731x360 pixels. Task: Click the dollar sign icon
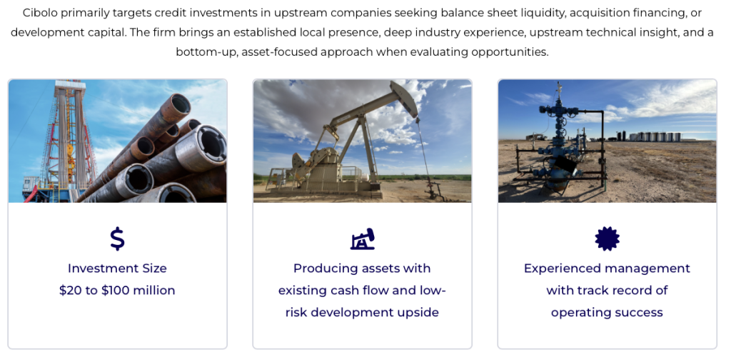point(117,239)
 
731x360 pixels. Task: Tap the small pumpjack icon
point(363,239)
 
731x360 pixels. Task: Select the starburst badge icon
point(607,239)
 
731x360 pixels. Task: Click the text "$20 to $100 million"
point(117,291)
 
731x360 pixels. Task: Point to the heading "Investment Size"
point(117,268)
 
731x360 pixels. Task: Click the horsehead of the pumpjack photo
point(404,98)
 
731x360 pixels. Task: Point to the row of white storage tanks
point(655,136)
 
